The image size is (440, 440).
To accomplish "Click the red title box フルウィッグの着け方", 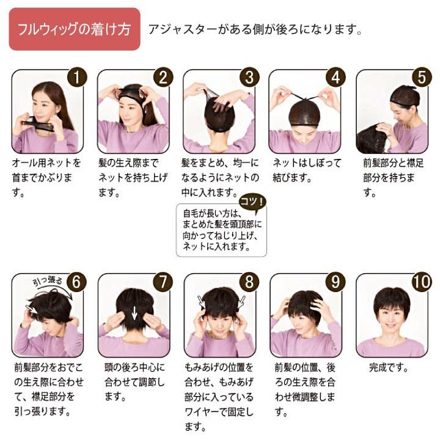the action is click(75, 29).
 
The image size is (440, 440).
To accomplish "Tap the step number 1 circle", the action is click(77, 77).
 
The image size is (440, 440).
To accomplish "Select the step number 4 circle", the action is click(335, 77).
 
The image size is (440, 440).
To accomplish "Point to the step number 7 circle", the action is click(163, 282).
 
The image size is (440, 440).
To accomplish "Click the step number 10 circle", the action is click(422, 282).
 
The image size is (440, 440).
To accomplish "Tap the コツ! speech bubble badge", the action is click(252, 203).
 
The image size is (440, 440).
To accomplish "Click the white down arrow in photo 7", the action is click(134, 313).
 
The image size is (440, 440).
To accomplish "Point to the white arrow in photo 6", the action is click(32, 309).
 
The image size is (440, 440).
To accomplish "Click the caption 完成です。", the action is click(389, 367).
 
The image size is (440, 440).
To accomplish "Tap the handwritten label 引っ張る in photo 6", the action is click(48, 282).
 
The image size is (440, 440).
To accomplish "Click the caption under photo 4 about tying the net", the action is click(307, 170).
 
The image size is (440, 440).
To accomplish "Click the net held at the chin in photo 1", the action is click(38, 125).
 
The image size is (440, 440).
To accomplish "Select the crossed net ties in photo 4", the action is click(305, 98).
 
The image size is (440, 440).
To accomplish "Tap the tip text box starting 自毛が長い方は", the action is click(221, 230).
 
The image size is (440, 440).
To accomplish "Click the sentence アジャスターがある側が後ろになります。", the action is click(255, 29).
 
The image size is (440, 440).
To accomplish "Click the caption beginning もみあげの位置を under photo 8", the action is click(219, 397).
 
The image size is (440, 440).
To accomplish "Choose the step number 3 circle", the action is click(249, 77).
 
